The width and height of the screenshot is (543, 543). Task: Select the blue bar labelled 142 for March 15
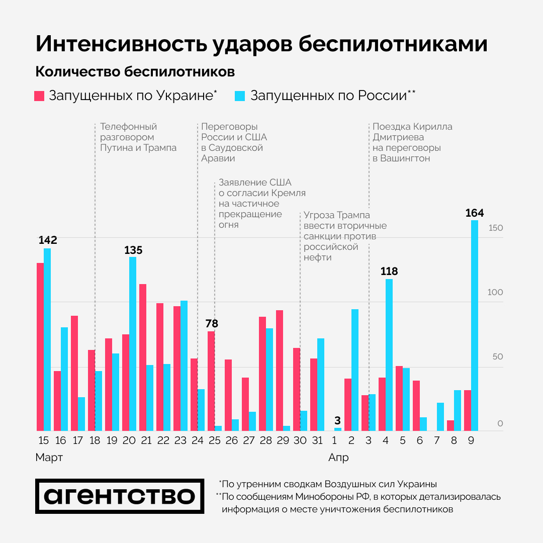click(x=47, y=339)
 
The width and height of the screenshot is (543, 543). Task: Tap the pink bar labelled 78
click(x=211, y=381)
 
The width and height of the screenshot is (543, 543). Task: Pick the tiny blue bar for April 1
click(x=338, y=429)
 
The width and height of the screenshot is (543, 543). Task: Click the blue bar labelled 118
click(x=389, y=354)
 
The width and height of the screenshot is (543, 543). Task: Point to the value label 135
click(x=133, y=250)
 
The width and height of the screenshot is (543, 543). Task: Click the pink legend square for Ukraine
click(x=40, y=96)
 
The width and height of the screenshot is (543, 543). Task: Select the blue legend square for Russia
click(x=240, y=96)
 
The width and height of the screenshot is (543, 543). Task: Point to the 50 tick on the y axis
click(x=497, y=357)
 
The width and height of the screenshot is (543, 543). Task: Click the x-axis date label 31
click(x=317, y=441)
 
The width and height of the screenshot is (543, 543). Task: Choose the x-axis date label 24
click(x=197, y=441)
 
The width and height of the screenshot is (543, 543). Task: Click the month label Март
click(x=49, y=458)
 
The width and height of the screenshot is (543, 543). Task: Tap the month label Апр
click(x=338, y=458)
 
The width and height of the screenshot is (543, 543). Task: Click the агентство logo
click(x=120, y=496)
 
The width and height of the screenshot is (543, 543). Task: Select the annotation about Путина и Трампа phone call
click(x=138, y=137)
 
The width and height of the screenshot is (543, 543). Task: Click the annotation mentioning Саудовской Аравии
click(x=234, y=142)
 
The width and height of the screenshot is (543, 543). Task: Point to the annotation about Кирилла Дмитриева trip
click(x=412, y=142)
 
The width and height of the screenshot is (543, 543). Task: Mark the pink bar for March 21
click(x=143, y=357)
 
